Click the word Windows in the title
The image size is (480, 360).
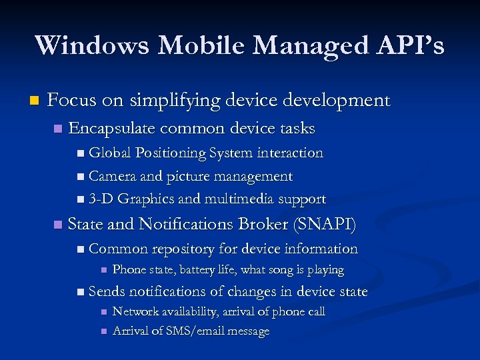pos(92,45)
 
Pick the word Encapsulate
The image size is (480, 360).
pos(111,128)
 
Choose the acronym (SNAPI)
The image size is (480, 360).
pos(325,225)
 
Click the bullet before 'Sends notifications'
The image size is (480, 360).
pos(81,292)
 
